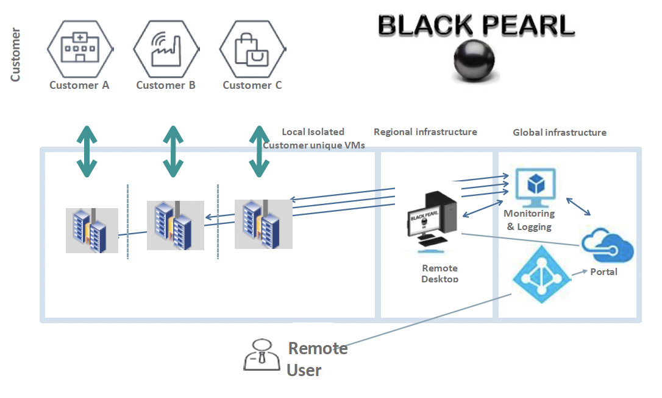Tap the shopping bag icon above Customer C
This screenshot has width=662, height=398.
click(252, 49)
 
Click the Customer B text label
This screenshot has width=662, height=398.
click(166, 85)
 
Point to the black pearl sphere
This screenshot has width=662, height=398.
click(474, 60)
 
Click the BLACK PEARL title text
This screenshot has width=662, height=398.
click(476, 25)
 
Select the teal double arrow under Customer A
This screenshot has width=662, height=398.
click(87, 152)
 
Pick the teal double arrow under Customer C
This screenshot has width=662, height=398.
click(259, 152)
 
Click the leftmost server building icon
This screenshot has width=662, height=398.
click(92, 230)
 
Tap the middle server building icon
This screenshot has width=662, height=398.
click(175, 225)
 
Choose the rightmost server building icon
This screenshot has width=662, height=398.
click(263, 225)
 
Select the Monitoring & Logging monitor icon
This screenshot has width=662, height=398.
click(535, 187)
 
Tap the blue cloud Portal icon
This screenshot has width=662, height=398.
click(607, 245)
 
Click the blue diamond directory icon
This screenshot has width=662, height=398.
click(542, 274)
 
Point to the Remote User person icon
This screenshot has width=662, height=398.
click(262, 355)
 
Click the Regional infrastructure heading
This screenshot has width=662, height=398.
click(425, 132)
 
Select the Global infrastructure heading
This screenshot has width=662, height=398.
click(560, 133)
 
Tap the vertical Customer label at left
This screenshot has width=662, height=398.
click(15, 55)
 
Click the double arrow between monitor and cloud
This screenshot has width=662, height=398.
click(578, 206)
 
